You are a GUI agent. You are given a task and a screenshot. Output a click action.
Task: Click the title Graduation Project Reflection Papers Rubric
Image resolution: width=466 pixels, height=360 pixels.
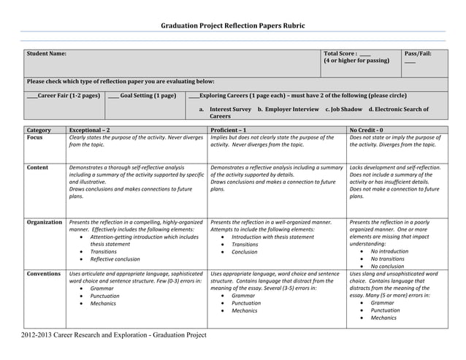pos(232,26)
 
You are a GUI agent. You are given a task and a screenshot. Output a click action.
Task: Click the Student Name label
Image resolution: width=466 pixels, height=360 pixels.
pos(47,54)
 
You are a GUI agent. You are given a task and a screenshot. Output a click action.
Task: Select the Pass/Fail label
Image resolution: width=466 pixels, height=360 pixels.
pos(419,54)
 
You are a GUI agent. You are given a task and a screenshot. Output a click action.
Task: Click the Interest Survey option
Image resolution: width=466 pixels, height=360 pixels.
pos(230,110)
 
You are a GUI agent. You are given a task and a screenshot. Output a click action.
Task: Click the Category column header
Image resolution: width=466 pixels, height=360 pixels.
pos(39,130)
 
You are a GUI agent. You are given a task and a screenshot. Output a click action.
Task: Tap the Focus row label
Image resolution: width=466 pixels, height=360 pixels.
pos(34,137)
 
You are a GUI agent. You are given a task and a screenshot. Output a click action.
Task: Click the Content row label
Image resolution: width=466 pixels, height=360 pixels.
pos(38,168)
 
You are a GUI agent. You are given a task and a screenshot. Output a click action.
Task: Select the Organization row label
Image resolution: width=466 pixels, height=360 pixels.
pos(45,222)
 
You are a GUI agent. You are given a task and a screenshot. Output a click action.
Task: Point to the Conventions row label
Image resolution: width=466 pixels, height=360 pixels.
pos(43,274)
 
